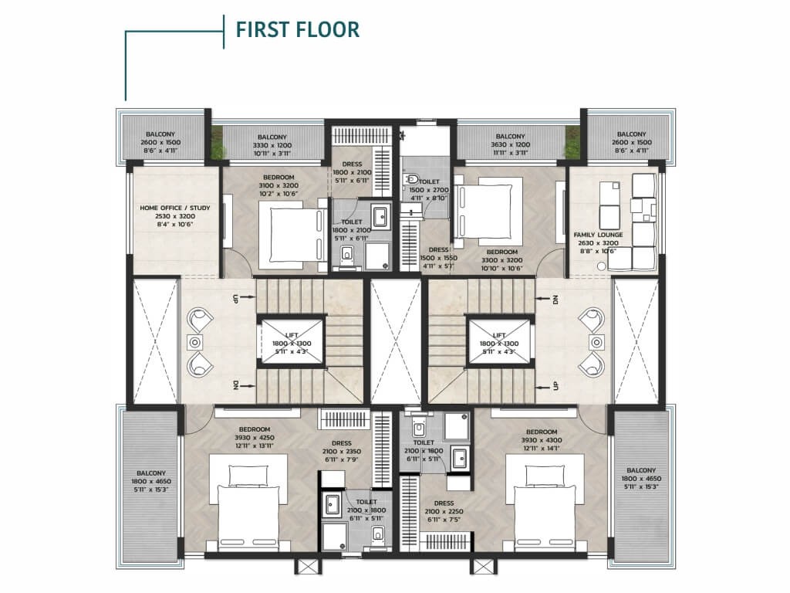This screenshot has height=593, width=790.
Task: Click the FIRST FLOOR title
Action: click(x=298, y=29)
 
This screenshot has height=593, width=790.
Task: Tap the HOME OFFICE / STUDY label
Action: click(x=175, y=208)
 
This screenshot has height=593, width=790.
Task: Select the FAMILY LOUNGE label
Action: click(x=598, y=235)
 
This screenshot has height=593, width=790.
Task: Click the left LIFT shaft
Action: click(x=292, y=340)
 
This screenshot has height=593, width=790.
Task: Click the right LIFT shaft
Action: click(x=499, y=340)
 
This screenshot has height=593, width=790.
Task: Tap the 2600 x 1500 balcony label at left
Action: click(x=160, y=142)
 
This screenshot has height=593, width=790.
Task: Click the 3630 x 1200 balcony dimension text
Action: click(x=511, y=144)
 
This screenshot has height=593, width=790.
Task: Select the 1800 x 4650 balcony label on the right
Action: click(x=641, y=479)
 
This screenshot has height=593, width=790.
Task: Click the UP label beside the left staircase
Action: click(x=235, y=299)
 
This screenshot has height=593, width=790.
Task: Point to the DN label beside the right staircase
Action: click(x=556, y=300)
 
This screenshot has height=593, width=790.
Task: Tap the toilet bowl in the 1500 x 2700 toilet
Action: click(x=413, y=178)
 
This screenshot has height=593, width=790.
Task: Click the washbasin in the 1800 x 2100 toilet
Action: click(x=380, y=216)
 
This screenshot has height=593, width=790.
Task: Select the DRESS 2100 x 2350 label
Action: click(x=342, y=451)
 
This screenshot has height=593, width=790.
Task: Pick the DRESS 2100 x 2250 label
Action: click(x=444, y=511)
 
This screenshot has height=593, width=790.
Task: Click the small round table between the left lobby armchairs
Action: click(x=194, y=342)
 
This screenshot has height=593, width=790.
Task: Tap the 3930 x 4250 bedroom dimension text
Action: click(x=255, y=438)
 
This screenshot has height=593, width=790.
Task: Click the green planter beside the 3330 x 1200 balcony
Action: click(x=217, y=143)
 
